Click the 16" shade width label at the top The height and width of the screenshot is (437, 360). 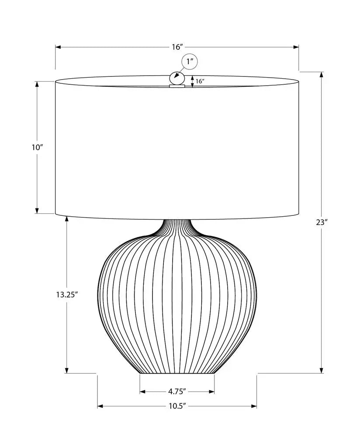(x=177, y=47)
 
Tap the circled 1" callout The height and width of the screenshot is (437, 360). (x=189, y=62)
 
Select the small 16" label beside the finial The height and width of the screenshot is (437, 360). (x=200, y=81)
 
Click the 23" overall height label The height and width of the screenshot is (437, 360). (x=322, y=222)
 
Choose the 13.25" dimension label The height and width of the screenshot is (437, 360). (x=66, y=294)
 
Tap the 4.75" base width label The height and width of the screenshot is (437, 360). (x=177, y=391)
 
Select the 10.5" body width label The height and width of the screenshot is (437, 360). (x=177, y=406)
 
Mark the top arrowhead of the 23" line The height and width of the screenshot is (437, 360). (x=322, y=74)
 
